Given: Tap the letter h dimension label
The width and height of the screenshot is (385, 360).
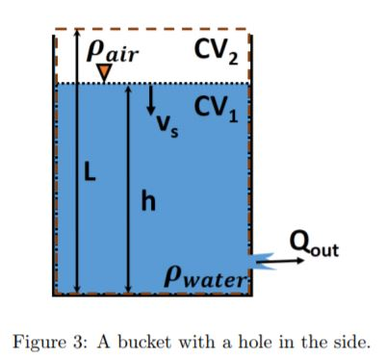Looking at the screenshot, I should pyautogui.click(x=147, y=201).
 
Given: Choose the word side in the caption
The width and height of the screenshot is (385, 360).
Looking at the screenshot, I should pyautogui.click(x=351, y=339).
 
